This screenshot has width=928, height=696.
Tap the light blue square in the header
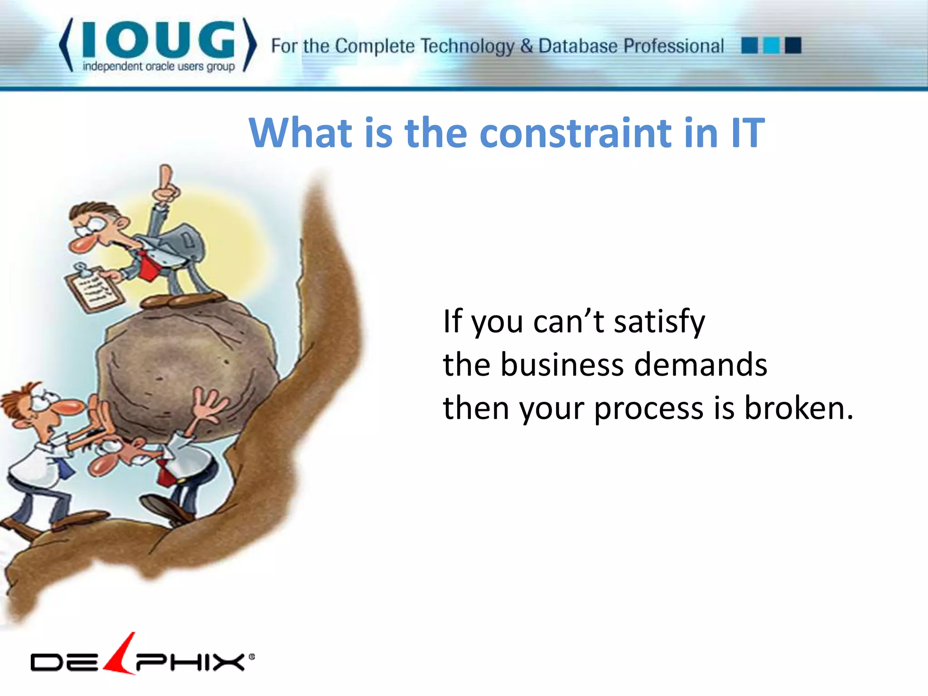[x=771, y=46]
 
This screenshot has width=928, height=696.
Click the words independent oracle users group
[x=159, y=67]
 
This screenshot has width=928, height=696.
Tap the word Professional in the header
[x=674, y=46]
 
